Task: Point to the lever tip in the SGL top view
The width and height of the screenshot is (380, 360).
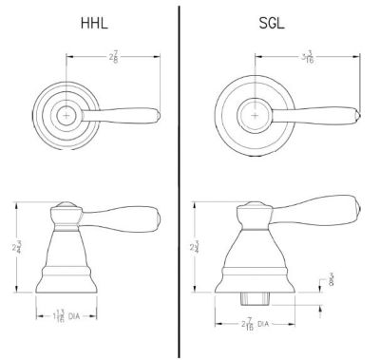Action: pyautogui.click(x=356, y=116)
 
